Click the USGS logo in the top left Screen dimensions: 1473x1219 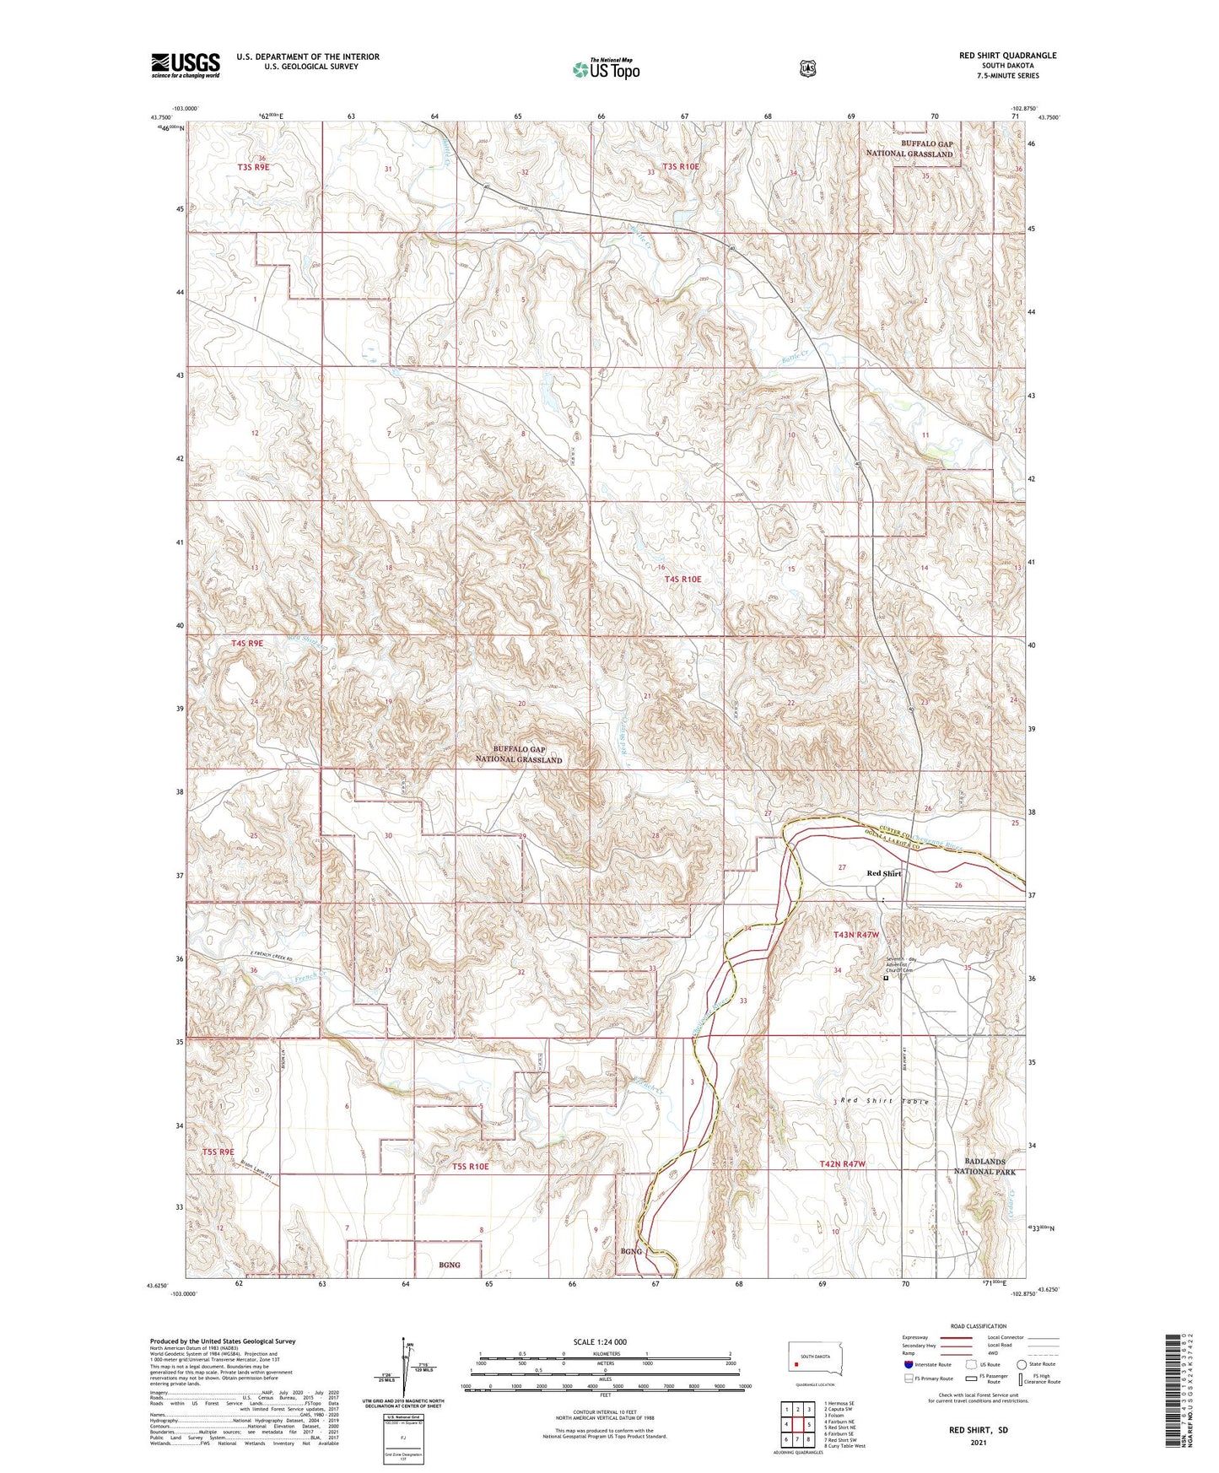(x=185, y=65)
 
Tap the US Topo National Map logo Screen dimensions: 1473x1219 (x=606, y=69)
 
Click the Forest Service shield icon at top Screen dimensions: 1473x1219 (x=807, y=68)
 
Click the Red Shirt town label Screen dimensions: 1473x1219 (x=884, y=873)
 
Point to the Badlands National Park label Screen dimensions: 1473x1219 (x=984, y=1166)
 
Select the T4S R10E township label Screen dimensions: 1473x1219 (x=682, y=579)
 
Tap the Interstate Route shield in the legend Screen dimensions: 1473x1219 (x=908, y=1364)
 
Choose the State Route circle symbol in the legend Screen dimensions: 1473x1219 (x=1022, y=1364)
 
